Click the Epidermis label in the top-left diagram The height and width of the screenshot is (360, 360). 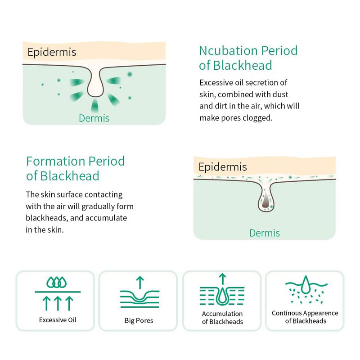coord(52,52)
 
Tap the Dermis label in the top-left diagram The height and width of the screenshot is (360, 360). coord(94,118)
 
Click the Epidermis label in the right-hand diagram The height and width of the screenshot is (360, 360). coord(223,167)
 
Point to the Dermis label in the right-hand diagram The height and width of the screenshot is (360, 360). coord(265,233)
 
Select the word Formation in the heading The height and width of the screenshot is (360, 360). coord(55,161)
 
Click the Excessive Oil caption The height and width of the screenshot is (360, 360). coord(58,320)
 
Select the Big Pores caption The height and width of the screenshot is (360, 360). coord(139,320)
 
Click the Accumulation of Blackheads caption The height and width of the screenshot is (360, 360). coord(222,318)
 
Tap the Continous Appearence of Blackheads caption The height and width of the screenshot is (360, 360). coord(305,317)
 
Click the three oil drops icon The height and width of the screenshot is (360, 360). coord(57,282)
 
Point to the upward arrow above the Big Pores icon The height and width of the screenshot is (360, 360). coord(140,283)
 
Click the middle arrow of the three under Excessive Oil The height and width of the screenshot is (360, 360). coord(58,303)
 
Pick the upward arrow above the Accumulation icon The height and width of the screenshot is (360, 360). coord(222,279)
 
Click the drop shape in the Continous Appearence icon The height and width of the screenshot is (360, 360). coord(306,285)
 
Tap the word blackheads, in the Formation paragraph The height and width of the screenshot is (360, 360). coord(47,218)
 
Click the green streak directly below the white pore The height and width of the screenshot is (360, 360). coord(94,106)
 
